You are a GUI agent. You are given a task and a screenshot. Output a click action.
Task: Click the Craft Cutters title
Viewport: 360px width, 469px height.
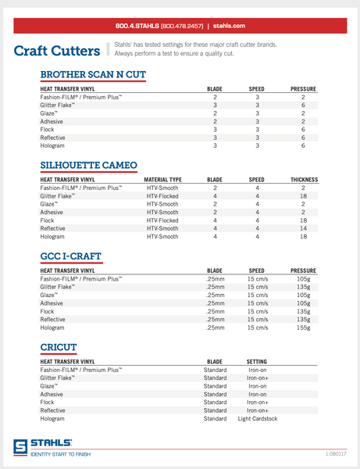coord(56,52)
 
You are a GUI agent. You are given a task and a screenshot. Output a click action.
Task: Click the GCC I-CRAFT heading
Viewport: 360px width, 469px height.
coord(70,256)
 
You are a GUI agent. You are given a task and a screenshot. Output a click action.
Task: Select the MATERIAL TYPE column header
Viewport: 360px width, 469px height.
coord(162,180)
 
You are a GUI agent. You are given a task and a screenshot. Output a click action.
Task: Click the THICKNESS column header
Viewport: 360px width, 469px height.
coord(302,180)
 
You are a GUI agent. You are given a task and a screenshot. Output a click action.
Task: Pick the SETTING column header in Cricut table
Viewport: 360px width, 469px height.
coord(257,360)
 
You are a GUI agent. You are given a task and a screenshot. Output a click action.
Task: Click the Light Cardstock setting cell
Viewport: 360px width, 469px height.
coord(257,419)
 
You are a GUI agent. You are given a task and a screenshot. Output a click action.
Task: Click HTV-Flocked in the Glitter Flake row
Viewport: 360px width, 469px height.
coord(162,196)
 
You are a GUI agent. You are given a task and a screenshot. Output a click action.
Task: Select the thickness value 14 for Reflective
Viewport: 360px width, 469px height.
coord(302,227)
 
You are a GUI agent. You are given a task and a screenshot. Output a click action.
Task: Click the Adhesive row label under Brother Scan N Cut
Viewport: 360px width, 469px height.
coord(52,122)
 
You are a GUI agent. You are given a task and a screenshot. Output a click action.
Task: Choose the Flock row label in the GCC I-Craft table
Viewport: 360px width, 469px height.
coord(48,312)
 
